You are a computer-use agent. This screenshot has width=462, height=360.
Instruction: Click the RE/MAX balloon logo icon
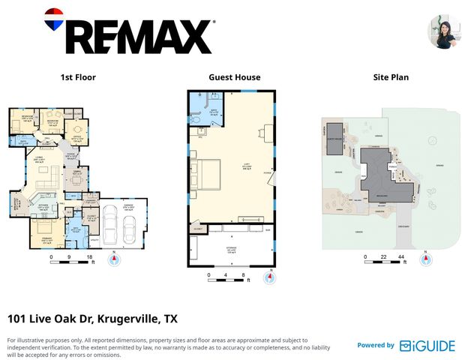tap(55, 21)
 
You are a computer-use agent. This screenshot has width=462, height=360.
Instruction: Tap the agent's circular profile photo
tap(443, 32)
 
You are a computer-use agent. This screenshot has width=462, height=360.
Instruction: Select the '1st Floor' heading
tap(78, 77)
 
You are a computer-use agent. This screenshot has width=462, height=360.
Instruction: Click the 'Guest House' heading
tap(235, 77)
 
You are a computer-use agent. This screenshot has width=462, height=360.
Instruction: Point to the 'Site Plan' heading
tap(391, 77)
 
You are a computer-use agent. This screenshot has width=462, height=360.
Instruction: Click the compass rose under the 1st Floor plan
tap(115, 260)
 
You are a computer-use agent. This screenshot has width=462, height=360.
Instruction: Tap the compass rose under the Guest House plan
tap(269, 278)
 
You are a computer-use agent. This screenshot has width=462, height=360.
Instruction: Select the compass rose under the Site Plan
tap(426, 260)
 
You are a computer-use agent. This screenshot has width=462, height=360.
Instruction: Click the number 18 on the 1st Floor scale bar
tap(90, 257)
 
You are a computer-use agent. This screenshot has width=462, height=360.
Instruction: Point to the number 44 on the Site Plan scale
tap(402, 257)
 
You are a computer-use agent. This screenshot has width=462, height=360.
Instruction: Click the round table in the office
tap(77, 130)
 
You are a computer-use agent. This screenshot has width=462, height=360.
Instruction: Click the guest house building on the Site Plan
tap(334, 139)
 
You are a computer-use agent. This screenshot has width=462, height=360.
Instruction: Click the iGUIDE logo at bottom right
tap(427, 345)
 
